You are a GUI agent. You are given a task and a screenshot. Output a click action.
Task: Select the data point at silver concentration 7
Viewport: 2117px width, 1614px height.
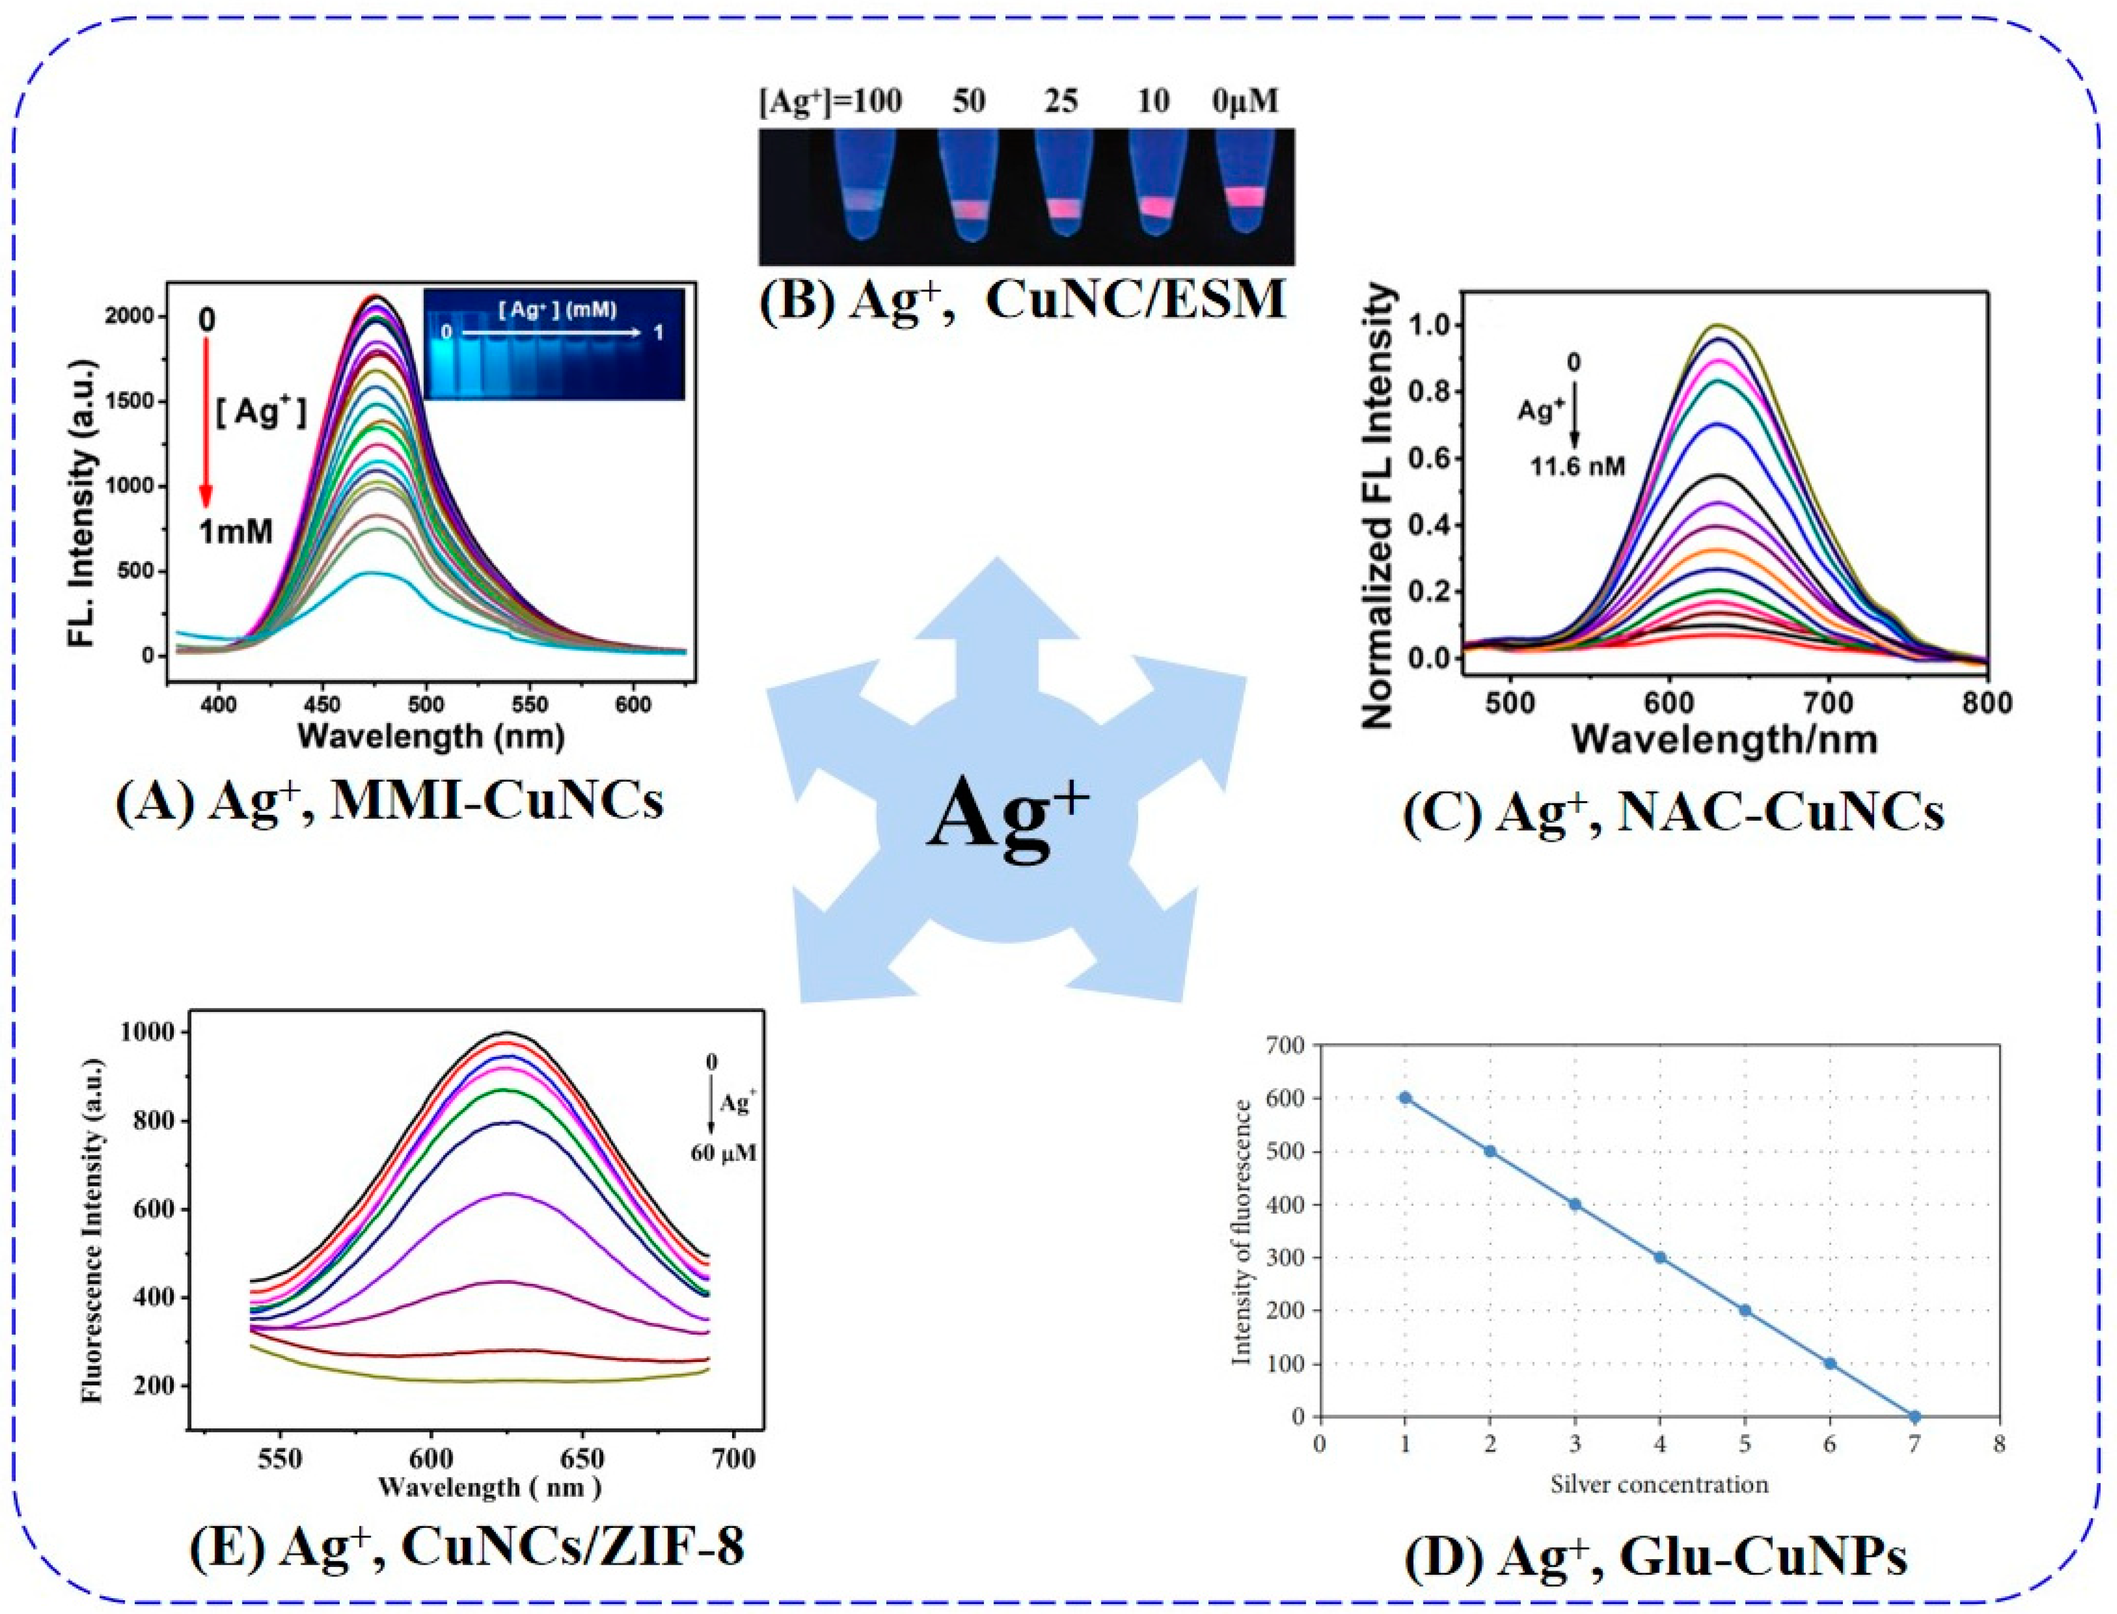click(1914, 1417)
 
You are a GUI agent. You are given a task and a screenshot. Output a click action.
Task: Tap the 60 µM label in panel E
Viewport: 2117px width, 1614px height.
click(723, 1153)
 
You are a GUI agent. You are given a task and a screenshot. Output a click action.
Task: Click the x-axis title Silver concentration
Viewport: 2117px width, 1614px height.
click(1659, 1485)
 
